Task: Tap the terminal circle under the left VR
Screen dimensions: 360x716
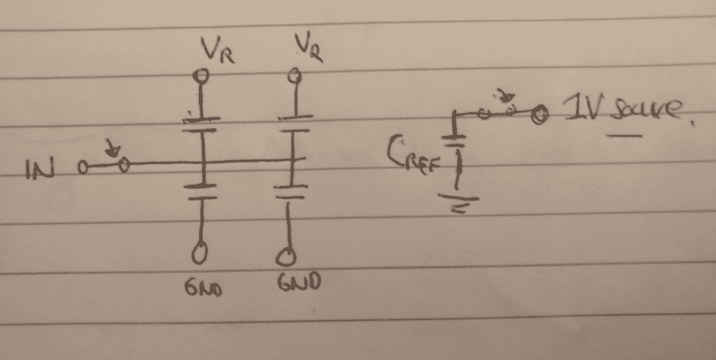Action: click(203, 74)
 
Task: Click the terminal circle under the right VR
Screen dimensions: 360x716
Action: click(292, 74)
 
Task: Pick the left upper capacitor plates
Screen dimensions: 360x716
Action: click(203, 125)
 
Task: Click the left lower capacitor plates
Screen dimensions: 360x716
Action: click(203, 189)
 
